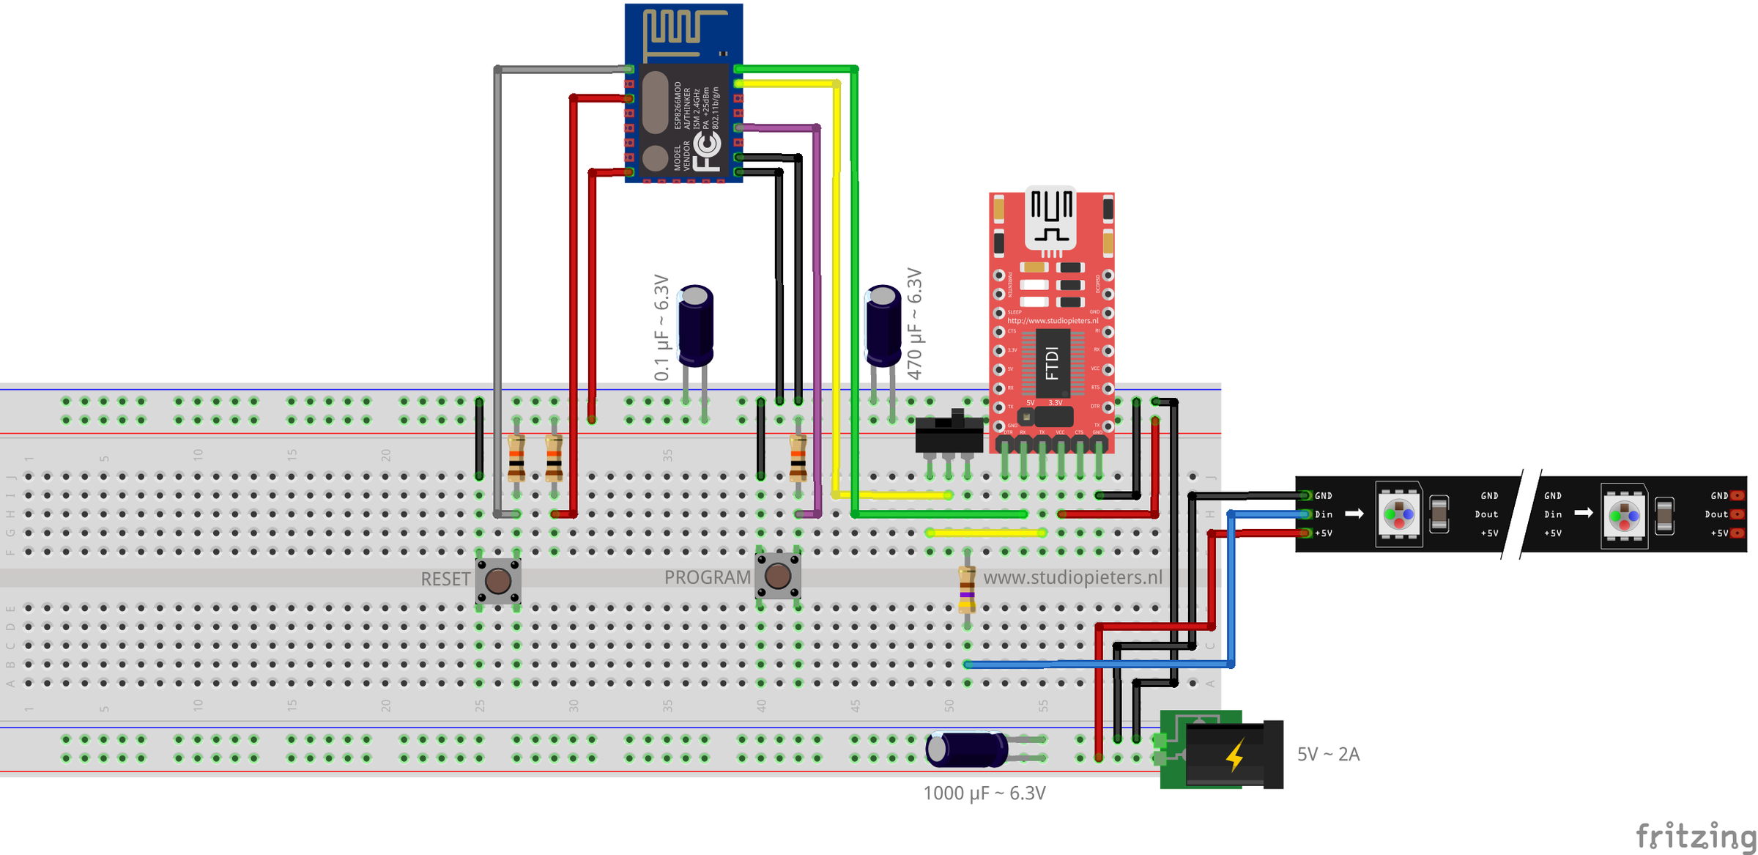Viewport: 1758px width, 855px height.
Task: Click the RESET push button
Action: (498, 580)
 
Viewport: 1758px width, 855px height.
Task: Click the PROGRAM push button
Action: (777, 576)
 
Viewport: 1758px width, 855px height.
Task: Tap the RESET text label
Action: (445, 579)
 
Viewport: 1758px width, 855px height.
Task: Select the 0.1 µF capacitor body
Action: (695, 325)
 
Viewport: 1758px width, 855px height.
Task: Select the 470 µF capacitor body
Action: (883, 325)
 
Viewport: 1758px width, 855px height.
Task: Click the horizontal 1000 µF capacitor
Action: (967, 749)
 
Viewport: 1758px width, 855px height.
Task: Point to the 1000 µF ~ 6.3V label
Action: (984, 793)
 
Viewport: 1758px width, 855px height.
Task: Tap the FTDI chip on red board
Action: (1053, 363)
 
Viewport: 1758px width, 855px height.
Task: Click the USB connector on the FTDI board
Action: (1051, 216)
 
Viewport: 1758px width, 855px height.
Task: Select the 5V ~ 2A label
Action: (1328, 755)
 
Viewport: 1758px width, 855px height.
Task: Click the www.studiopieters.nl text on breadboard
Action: (1072, 577)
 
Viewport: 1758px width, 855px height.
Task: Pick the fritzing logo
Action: (1695, 835)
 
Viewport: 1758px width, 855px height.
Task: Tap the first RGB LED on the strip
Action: (1398, 514)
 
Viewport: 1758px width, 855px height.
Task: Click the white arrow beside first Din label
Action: (1354, 514)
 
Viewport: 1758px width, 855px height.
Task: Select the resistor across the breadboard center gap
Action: (967, 589)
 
